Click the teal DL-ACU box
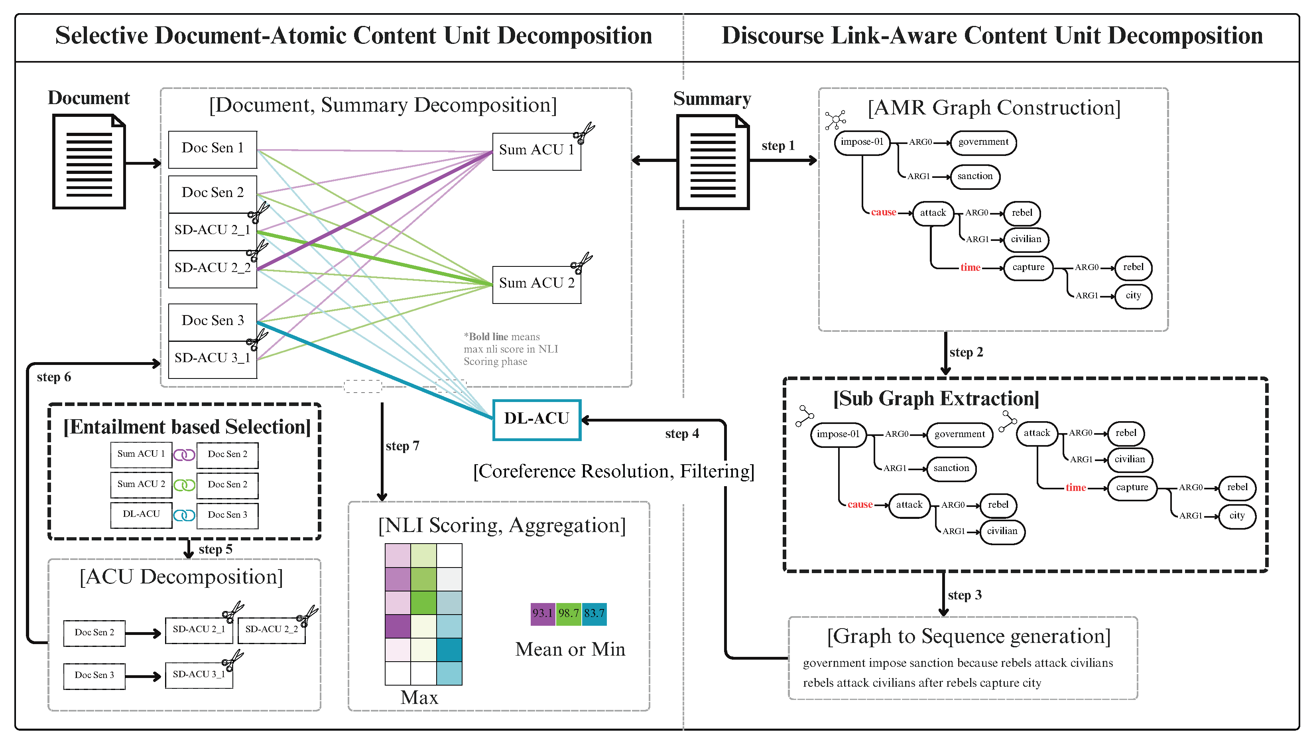click(x=536, y=420)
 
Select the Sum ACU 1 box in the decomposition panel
click(x=536, y=150)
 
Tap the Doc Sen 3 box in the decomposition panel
click(x=213, y=321)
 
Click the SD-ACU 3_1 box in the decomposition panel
click(x=213, y=359)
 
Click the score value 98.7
click(x=568, y=614)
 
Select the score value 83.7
click(x=595, y=614)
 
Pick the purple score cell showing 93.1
click(x=543, y=614)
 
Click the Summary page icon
click(x=713, y=163)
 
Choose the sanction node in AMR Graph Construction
click(x=974, y=177)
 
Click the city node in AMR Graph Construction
click(x=1134, y=296)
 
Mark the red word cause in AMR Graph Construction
click(x=883, y=213)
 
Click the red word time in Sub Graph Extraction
click(x=1075, y=488)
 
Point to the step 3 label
click(x=964, y=595)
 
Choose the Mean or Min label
click(x=570, y=650)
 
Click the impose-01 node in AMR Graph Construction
click(x=862, y=142)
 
